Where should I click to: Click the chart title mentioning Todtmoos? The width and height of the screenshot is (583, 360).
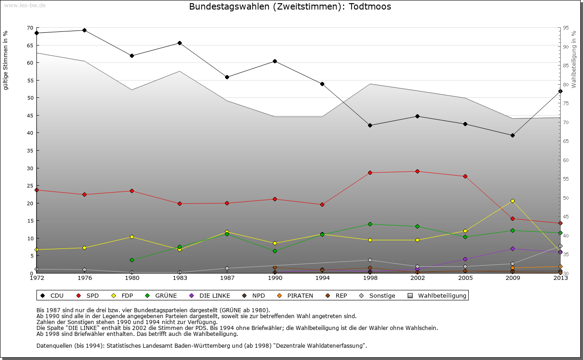pos(290,7)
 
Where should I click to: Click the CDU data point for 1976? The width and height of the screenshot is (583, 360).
pos(84,30)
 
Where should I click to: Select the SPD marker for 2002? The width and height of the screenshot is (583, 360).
pos(417,171)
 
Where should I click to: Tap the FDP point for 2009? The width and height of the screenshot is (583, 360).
pos(512,201)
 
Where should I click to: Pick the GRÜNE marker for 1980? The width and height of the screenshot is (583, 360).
pos(132,260)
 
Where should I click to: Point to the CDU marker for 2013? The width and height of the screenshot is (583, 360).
pos(560,91)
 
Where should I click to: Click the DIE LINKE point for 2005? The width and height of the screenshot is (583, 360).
pos(465,259)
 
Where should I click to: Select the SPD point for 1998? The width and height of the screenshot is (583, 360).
pos(370,172)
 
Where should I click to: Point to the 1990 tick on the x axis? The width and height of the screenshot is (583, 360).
pos(275,278)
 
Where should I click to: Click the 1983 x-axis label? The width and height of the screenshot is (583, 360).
pos(179,278)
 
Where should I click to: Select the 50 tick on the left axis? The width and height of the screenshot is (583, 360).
pos(30,98)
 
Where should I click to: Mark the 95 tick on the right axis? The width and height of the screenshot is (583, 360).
pos(565,28)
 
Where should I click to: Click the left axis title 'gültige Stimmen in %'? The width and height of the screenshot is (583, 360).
pos(6,60)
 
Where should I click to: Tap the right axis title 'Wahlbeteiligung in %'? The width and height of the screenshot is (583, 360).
pos(573,60)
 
